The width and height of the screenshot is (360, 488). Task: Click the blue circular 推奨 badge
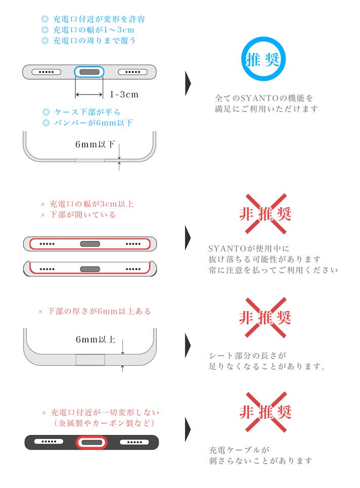point(263,59)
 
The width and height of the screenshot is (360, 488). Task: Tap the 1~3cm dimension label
point(124,94)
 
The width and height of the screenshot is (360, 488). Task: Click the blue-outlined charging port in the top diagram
point(89,72)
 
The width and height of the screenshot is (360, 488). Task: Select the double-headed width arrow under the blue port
point(89,94)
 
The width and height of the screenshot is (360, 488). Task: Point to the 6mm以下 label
point(95,144)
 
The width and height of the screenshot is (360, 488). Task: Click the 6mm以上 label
point(96,339)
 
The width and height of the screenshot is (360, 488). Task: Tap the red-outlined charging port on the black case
point(92,442)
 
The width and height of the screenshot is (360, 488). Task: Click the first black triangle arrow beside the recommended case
point(188,83)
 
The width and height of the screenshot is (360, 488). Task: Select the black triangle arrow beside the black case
point(188,429)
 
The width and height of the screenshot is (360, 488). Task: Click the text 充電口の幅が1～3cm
point(94,30)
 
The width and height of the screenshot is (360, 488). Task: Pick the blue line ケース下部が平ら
point(87,112)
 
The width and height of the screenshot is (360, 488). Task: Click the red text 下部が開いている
point(82,215)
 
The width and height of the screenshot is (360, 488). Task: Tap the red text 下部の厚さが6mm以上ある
point(99,311)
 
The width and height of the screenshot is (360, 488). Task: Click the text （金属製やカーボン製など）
point(104,423)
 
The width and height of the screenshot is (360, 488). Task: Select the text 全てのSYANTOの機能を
point(264,99)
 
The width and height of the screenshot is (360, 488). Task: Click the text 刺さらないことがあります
point(260,461)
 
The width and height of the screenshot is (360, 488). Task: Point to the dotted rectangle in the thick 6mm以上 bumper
point(91,360)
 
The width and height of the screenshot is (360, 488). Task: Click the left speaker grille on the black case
point(49,442)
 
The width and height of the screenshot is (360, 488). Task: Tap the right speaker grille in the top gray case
point(132,72)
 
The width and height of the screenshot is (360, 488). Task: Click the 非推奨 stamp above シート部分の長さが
point(265,317)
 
